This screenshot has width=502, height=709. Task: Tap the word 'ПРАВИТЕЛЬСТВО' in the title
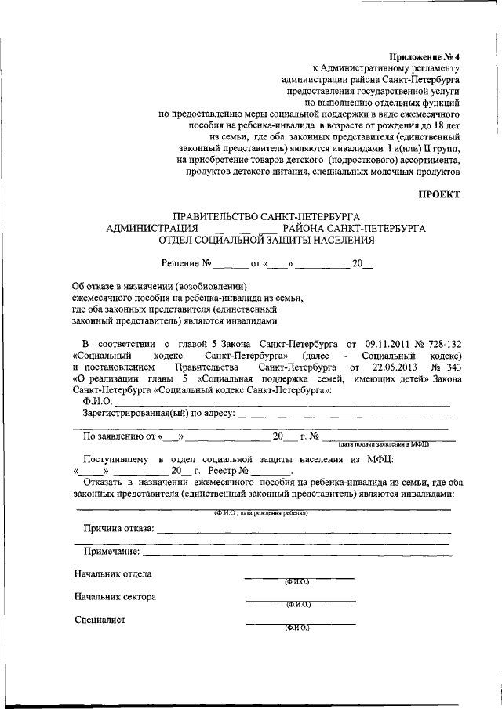[216, 216]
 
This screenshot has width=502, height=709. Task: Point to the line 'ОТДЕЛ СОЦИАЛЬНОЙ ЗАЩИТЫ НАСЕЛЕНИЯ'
[267, 240]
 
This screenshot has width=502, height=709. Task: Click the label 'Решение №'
[187, 264]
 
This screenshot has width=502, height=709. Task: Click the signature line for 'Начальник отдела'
[299, 577]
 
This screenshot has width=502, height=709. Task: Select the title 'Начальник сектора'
[115, 597]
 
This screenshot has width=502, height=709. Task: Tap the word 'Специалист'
[100, 620]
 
